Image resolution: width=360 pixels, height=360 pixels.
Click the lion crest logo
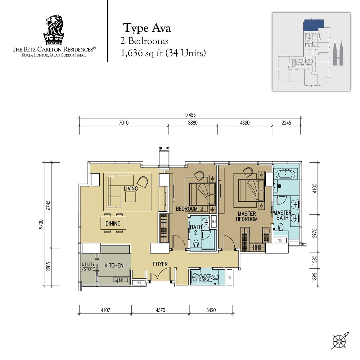[54, 30]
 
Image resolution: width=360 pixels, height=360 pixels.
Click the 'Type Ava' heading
[147, 28]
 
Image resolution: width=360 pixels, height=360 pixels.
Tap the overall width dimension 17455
[190, 114]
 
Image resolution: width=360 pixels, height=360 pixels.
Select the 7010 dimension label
[124, 123]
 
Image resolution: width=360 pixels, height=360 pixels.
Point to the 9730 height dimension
[41, 224]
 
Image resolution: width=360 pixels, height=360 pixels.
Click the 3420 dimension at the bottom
[211, 310]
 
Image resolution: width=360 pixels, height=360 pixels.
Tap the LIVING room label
[131, 189]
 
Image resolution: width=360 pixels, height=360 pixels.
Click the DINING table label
[113, 224]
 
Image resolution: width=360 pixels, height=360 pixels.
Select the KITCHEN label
[114, 265]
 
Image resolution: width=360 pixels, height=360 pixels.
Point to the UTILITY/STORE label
[89, 266]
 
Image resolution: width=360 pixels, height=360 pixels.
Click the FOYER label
[161, 264]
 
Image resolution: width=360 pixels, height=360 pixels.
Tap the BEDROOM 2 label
[189, 209]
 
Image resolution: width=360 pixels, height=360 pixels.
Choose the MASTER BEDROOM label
[247, 216]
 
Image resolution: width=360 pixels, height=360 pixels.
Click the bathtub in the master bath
[285, 174]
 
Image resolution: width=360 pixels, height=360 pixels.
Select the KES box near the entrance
[139, 283]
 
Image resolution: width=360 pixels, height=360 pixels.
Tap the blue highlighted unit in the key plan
[314, 25]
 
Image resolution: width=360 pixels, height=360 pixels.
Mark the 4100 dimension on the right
[315, 189]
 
